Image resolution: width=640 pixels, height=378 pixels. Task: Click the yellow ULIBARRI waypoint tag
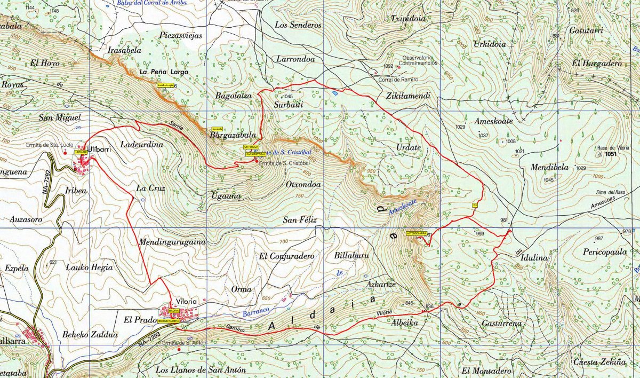(x=81, y=152)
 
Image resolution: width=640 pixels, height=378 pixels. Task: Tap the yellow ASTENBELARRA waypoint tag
(x=417, y=233)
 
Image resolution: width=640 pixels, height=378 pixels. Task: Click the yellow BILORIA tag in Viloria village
(x=173, y=310)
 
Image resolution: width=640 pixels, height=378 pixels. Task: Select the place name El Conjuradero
(x=286, y=256)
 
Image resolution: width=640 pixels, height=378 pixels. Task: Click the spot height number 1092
(x=388, y=66)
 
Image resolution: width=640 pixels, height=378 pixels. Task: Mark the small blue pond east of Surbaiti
(x=334, y=93)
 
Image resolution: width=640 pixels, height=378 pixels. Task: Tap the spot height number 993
(x=479, y=233)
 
